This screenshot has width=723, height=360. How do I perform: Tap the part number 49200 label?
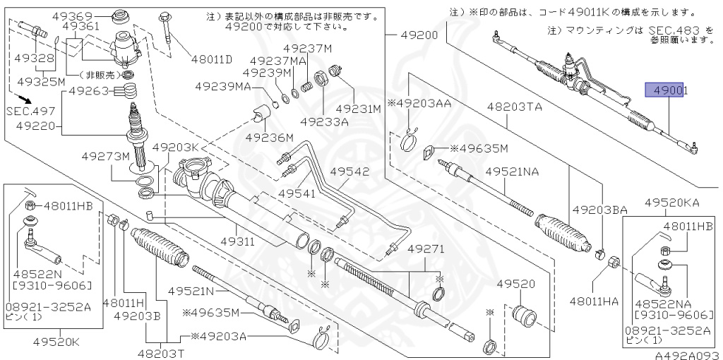pos(419,35)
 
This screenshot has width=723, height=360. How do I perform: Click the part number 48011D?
pos(211,59)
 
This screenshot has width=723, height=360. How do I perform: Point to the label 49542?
pos(349,172)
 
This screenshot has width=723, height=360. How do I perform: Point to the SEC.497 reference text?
pos(30,112)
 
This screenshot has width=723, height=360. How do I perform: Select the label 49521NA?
pos(513,172)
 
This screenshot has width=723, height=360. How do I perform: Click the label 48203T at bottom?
pos(160,352)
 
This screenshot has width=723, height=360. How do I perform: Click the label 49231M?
pos(358,109)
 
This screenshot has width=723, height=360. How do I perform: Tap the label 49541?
pos(300,193)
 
